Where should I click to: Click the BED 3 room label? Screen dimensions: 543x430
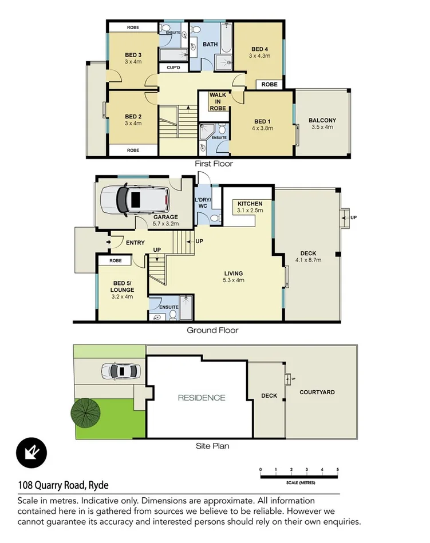tap(133, 55)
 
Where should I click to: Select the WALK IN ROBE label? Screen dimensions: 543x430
tap(218, 101)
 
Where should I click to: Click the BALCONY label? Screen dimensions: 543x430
tap(322, 120)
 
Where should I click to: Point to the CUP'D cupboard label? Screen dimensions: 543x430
tap(173, 68)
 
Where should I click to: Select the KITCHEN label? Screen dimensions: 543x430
tap(250, 204)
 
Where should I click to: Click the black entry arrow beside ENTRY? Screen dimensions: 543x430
tap(109, 243)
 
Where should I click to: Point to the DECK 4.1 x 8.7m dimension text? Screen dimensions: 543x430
tap(308, 260)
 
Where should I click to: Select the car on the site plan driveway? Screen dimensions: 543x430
tap(121, 371)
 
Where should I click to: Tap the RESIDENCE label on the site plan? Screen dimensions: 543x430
tap(201, 398)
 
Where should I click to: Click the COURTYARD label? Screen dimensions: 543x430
tap(317, 393)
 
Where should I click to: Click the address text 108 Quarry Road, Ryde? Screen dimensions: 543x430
tap(63, 486)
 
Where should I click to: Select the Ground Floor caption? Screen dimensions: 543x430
tap(212, 330)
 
